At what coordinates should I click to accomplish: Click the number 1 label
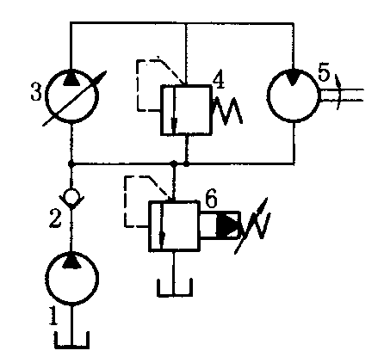coord(53,316)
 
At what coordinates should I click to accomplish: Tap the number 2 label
coord(55,218)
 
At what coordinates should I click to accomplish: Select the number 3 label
coord(36,92)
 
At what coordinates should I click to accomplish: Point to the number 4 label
coord(219,78)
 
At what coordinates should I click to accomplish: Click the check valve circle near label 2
coord(71,196)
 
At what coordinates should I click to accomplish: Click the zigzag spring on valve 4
coord(228,110)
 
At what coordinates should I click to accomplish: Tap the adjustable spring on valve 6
coord(252,225)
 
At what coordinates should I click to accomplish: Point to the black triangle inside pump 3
coord(71,78)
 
